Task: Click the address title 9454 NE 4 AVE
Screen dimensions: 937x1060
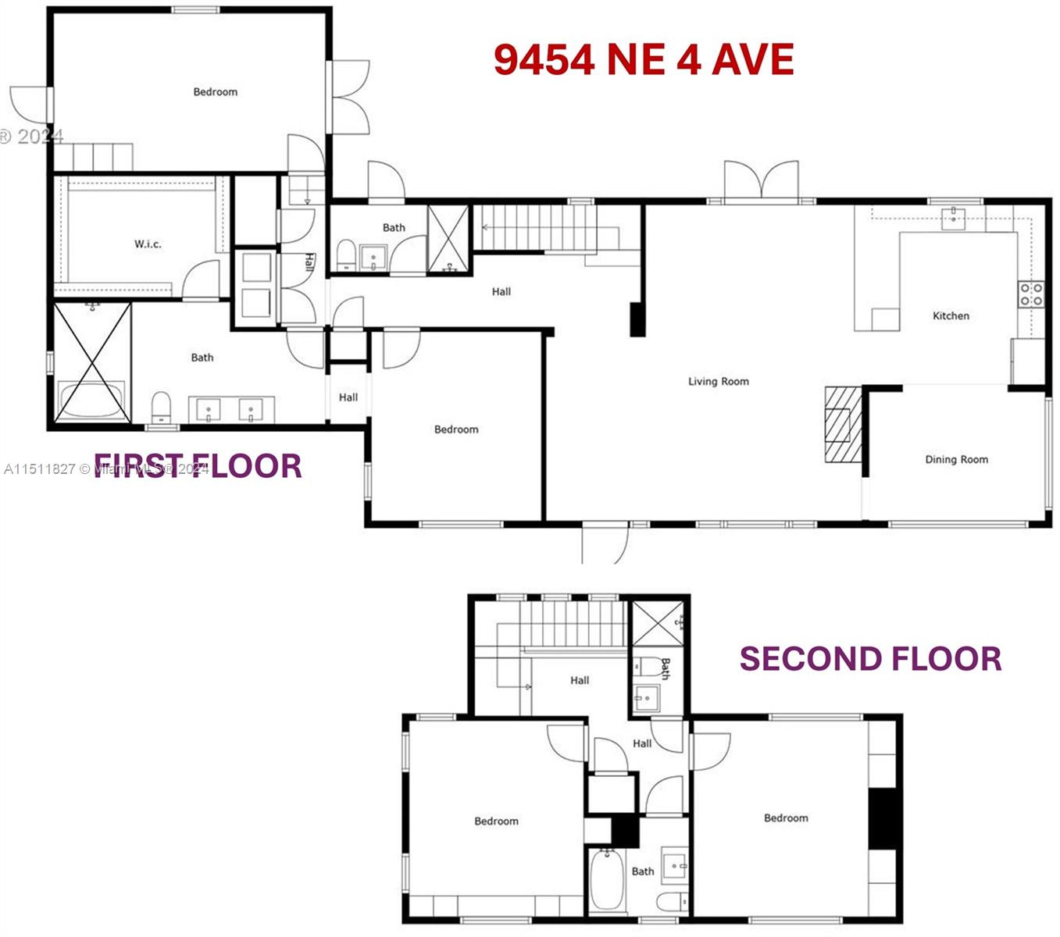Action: coord(644,60)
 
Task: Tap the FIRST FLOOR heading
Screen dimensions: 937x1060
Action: coord(198,466)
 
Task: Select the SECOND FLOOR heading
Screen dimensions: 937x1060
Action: coord(870,659)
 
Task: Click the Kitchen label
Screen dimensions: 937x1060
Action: coord(951,316)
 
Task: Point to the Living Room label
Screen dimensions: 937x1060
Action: coord(718,382)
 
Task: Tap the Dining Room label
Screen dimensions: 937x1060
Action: coord(956,460)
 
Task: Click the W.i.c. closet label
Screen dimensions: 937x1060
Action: coord(148,244)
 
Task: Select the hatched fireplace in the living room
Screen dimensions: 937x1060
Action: coord(842,424)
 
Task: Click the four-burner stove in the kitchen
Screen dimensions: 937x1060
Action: coord(1030,294)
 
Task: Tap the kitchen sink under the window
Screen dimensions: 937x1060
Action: coord(954,218)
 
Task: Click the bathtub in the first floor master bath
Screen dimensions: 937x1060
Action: coord(91,400)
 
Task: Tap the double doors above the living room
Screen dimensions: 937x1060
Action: coord(761,181)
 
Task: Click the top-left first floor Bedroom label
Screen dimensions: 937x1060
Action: coord(215,92)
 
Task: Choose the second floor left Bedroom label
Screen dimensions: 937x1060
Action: coord(496,821)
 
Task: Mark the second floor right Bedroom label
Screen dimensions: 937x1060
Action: coord(786,818)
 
